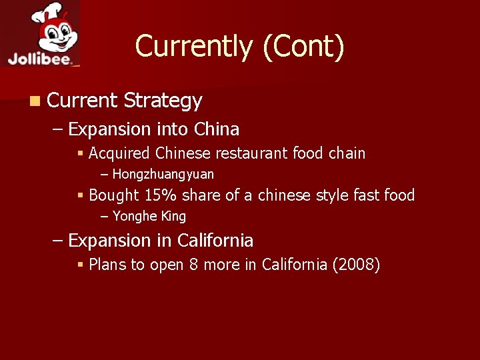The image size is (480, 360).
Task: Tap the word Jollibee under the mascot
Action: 41,59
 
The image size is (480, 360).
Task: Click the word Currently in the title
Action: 194,47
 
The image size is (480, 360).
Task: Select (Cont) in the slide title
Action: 303,47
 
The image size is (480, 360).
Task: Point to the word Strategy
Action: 163,101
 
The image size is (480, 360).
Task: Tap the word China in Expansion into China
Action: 217,129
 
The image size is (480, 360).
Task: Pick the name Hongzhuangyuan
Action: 163,175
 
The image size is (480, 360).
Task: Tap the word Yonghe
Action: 134,216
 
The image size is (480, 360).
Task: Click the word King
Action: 173,216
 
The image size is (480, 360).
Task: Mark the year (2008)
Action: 356,265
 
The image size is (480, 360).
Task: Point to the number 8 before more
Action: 193,265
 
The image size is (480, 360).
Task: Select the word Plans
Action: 107,265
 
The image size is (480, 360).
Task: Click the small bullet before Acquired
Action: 80,154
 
